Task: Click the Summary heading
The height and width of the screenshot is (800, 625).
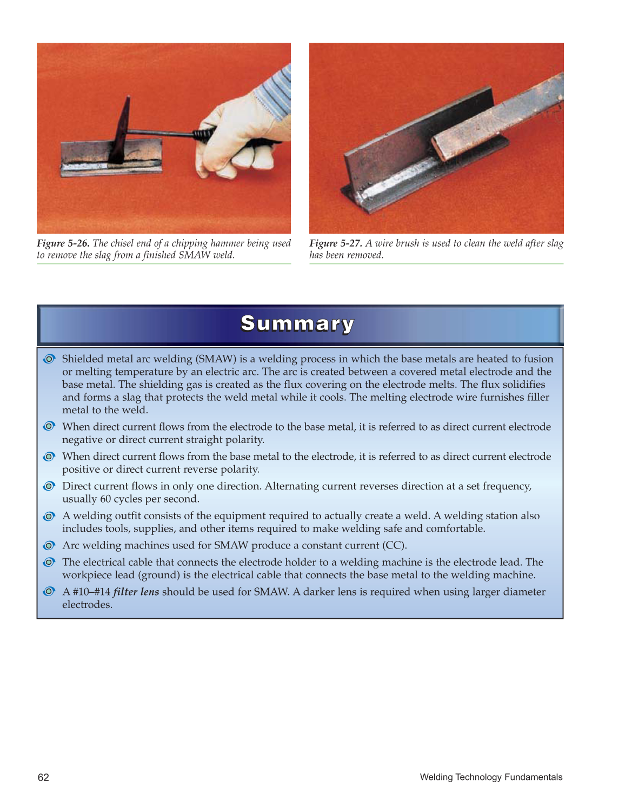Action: (297, 324)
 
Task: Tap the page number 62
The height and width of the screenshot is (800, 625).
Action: (43, 777)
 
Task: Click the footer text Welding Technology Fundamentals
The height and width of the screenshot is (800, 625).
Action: (491, 777)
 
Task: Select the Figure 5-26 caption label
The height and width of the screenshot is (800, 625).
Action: (63, 243)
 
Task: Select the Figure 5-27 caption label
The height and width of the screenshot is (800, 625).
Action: (335, 243)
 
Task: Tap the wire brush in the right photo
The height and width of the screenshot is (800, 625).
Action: (487, 124)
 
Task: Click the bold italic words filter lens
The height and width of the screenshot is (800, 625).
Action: (136, 592)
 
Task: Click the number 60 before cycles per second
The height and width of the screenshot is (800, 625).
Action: (106, 499)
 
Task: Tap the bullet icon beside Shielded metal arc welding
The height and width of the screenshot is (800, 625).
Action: (49, 359)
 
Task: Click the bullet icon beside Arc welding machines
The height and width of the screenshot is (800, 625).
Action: (49, 545)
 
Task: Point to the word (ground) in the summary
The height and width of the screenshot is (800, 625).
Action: (159, 575)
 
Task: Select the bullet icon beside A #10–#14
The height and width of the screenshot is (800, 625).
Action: (49, 592)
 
